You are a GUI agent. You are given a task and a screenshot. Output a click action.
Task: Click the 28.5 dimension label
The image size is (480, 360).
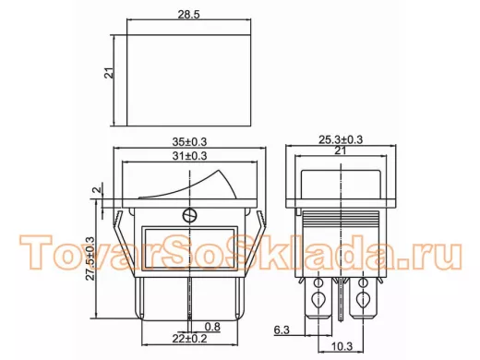click(188, 15)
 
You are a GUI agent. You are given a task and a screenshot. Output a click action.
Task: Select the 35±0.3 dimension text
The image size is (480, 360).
click(189, 142)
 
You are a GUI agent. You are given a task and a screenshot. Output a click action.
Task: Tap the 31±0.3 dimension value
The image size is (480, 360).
click(189, 156)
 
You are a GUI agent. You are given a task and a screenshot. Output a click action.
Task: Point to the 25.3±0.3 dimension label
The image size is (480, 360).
click(341, 139)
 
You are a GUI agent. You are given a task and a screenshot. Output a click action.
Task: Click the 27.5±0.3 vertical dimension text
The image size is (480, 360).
click(90, 258)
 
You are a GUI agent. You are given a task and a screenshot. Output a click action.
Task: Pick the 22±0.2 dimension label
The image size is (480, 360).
click(189, 339)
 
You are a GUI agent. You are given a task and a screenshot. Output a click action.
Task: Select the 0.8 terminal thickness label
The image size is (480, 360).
click(212, 327)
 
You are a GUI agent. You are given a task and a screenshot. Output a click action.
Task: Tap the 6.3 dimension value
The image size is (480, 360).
click(282, 330)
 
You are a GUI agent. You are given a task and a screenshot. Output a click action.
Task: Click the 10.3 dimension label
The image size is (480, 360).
click(342, 346)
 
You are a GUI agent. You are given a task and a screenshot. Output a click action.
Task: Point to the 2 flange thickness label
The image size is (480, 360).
click(98, 189)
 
